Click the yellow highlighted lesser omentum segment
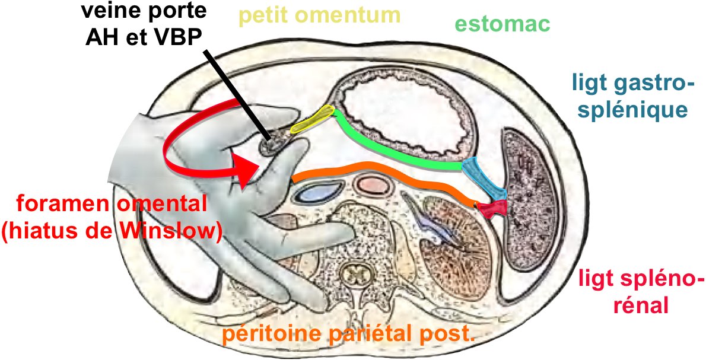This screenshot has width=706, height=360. pyautogui.click(x=313, y=120)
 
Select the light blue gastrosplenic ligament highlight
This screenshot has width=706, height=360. pyautogui.click(x=484, y=178)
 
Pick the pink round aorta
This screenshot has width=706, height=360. pyautogui.click(x=373, y=186)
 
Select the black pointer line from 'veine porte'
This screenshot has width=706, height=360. pyautogui.click(x=237, y=95)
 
